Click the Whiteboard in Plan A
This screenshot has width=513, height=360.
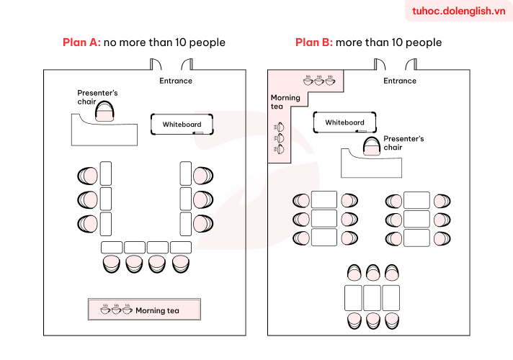[182, 124]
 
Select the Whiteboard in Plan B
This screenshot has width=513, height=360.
[344, 122]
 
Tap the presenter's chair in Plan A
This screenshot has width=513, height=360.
[104, 112]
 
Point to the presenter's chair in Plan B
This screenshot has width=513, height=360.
[372, 146]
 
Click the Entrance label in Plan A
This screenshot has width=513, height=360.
[176, 81]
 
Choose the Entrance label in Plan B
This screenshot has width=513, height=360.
[400, 81]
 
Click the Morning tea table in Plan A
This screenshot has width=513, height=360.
[144, 309]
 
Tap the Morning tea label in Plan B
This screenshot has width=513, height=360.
[285, 102]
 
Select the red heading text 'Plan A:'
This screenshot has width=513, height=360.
[81, 42]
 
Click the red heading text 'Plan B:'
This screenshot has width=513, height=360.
[313, 42]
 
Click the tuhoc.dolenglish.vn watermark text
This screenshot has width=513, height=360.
[459, 11]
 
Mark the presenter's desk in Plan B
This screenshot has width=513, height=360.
[371, 163]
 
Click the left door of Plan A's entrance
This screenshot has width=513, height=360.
[156, 64]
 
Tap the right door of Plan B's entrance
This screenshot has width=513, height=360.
[411, 64]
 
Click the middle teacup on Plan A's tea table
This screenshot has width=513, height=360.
[116, 309]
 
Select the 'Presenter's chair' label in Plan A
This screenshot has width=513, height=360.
[97, 97]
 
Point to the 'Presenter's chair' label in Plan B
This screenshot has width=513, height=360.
[403, 143]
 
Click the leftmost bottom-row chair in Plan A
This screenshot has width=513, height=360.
[111, 264]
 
